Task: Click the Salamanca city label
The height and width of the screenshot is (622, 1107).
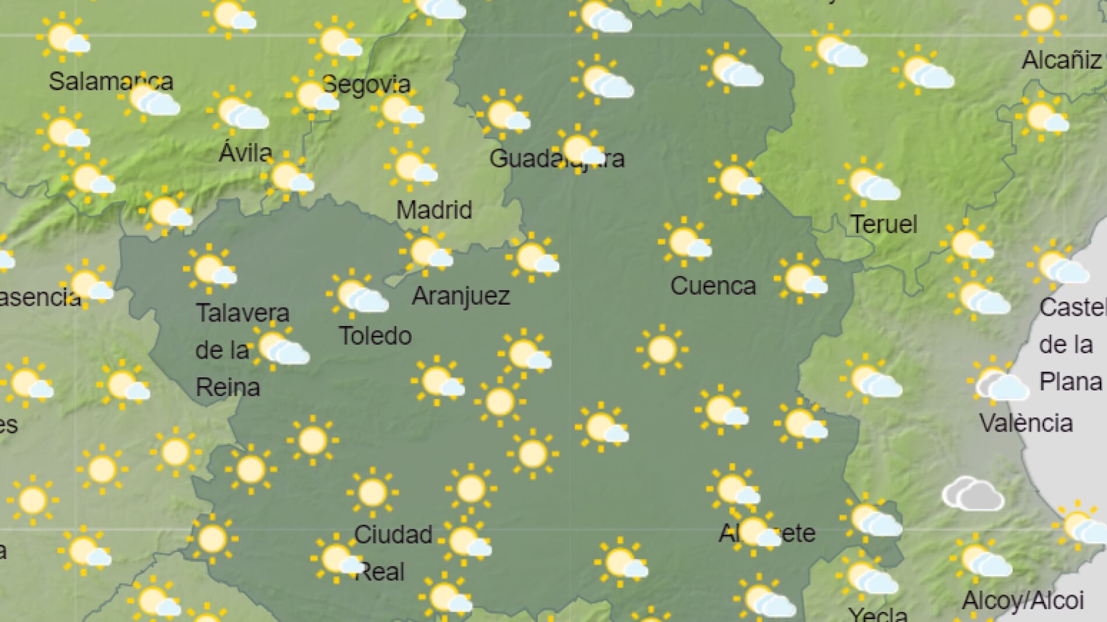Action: coord(111,82)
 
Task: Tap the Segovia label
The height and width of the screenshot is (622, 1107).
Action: coord(366,85)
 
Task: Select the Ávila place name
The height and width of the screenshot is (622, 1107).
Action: coord(245,153)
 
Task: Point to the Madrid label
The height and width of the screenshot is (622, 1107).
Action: coord(434,210)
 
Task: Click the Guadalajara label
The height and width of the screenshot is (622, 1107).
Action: coord(556,158)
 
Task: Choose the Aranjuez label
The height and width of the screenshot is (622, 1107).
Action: coord(461,296)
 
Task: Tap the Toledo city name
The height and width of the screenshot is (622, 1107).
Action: coord(375,335)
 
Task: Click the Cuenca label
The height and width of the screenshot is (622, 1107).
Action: coord(713,285)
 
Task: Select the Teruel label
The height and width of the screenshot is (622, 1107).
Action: coord(884,224)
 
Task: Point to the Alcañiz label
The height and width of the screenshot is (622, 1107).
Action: coord(1062,60)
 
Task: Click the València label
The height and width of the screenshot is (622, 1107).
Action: coord(1026,423)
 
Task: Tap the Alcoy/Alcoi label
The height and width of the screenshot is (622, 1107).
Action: coord(1023,600)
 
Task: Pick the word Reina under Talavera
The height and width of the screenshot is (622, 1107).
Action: coord(228,387)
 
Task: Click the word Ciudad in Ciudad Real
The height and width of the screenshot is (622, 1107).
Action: coord(393,534)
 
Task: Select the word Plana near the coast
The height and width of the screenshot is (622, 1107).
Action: coord(1071,382)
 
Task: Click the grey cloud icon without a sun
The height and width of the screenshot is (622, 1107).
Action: coord(973,494)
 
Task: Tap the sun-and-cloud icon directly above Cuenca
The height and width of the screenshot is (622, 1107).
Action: coord(686,243)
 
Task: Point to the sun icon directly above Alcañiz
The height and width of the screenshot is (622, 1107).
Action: coord(1041,18)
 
